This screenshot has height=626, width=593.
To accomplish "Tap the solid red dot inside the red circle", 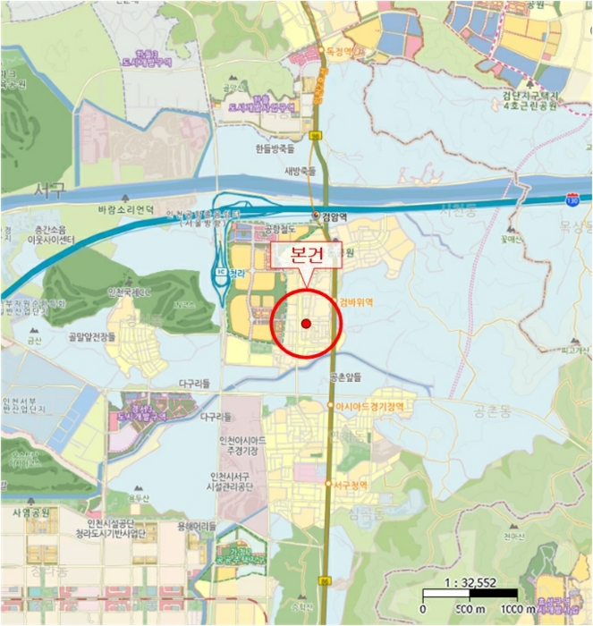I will [305, 323].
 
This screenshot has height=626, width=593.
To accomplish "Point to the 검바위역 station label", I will [356, 302].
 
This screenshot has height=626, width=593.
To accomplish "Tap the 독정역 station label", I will [343, 52].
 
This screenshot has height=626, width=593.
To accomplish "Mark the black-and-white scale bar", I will [468, 593].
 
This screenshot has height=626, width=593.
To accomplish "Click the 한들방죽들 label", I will [274, 150].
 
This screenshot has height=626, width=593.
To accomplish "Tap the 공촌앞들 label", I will [345, 376].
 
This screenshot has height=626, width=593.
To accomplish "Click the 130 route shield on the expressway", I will [572, 195].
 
